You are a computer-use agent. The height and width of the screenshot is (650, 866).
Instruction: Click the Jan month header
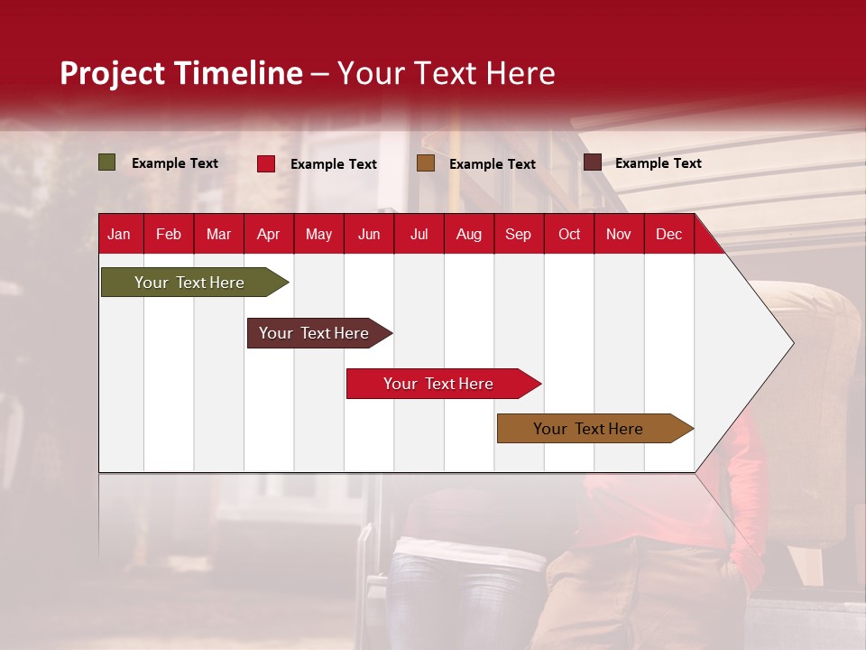(119, 234)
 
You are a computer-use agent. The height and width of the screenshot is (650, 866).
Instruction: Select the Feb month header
(169, 234)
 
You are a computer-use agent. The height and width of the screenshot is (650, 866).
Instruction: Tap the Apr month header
(268, 234)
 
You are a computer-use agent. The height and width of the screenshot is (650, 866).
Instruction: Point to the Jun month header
(369, 234)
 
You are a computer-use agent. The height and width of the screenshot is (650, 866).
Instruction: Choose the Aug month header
(468, 234)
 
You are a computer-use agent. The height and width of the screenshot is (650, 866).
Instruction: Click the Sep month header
(518, 234)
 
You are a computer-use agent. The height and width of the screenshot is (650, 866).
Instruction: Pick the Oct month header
(569, 234)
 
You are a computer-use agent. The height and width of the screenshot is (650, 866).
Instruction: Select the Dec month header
(668, 234)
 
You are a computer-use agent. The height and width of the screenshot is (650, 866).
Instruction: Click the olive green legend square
(107, 162)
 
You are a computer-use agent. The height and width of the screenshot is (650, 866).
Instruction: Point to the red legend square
(266, 163)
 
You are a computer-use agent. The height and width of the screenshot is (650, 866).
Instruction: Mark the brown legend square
(426, 162)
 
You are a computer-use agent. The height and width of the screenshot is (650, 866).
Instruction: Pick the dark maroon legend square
(592, 162)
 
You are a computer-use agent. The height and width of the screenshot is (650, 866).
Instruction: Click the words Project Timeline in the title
(181, 73)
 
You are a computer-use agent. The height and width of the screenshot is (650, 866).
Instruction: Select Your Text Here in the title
(447, 73)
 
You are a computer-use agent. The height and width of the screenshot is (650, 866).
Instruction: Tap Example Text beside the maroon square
(658, 163)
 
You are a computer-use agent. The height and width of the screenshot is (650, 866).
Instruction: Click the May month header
(318, 234)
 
